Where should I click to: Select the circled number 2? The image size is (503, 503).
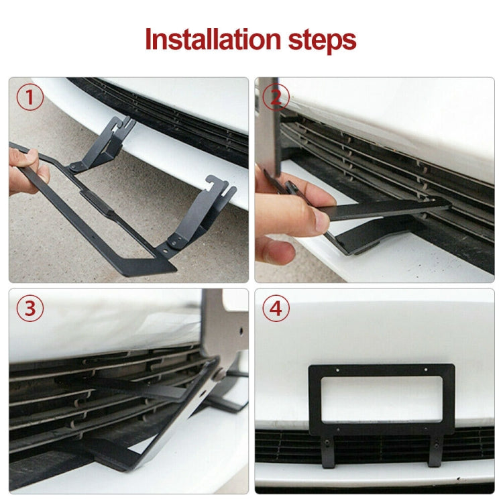coord(275,98)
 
